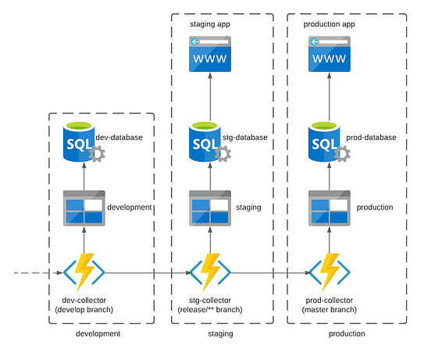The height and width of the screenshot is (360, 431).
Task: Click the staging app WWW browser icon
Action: [x=211, y=55]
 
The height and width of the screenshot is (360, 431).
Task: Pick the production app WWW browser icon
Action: [x=329, y=55]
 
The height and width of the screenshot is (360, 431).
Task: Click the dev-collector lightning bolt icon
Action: [x=84, y=272]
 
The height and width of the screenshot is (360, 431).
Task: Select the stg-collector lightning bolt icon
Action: [x=210, y=272]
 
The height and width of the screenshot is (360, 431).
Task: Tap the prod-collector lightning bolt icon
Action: [x=329, y=272]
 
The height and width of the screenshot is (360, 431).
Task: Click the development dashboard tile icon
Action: [x=83, y=208]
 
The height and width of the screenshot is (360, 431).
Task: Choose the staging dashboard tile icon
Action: [x=210, y=208]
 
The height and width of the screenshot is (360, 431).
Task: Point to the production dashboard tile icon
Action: [x=329, y=208]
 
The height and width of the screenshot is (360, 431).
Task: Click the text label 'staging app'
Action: [x=211, y=25]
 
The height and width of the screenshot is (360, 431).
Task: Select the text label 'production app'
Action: [x=329, y=25]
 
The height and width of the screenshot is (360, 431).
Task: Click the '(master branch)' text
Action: [x=329, y=310]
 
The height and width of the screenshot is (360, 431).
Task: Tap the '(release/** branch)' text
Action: [x=210, y=310]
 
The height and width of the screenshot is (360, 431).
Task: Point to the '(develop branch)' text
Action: [x=84, y=310]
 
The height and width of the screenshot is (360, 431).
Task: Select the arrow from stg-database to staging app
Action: [x=211, y=98]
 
